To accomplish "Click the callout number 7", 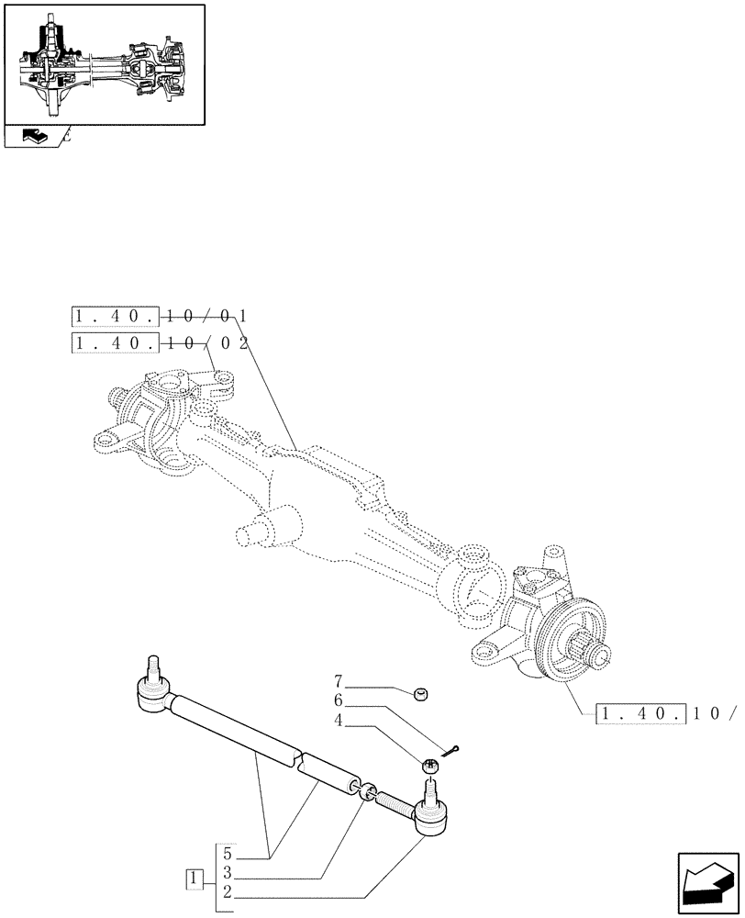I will coord(338,682).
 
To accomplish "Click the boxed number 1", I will coord(194,879).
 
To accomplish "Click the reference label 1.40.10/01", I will coord(159,318).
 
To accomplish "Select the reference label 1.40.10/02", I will coord(159,344).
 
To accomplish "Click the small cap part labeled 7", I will coord(423,693).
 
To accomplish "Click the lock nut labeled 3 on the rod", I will coord(368,792).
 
